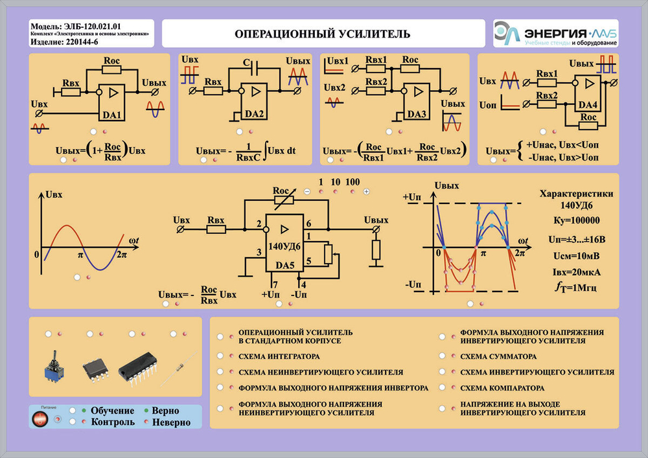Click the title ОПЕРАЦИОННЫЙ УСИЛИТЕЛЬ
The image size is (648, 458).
(322, 33)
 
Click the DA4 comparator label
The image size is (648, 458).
(588, 104)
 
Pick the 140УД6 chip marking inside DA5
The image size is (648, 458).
(284, 246)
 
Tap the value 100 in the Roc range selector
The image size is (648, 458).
(353, 182)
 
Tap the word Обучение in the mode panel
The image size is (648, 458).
(113, 411)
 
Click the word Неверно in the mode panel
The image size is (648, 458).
(171, 422)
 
